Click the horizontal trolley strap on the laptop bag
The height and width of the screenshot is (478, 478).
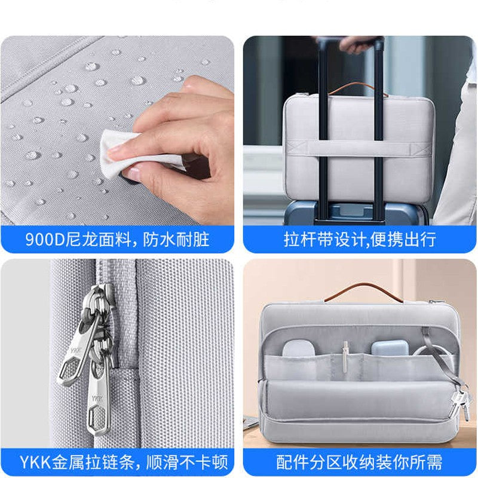click(358, 147)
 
